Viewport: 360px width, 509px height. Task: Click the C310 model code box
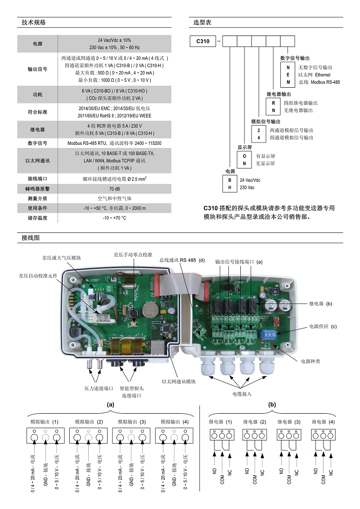tap(203, 41)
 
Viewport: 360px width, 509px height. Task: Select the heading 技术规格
tap(34, 22)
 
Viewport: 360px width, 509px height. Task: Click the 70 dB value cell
tap(114, 188)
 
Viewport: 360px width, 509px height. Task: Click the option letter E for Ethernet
tap(288, 75)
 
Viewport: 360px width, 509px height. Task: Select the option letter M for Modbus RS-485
tap(288, 82)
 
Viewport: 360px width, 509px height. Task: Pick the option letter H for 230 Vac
tap(230, 188)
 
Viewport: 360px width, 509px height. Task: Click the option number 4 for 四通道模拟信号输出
tap(259, 138)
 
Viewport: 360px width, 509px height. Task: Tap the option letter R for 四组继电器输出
tap(273, 103)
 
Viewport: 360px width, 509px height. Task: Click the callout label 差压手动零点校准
tap(133, 254)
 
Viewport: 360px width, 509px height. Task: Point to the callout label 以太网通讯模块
tap(179, 382)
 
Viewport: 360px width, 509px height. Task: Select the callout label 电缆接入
tap(242, 393)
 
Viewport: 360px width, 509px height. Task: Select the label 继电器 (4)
tap(323, 422)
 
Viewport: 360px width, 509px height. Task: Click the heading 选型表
tap(202, 22)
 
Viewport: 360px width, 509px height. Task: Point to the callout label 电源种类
tap(310, 361)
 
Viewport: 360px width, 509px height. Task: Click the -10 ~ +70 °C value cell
tap(114, 218)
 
